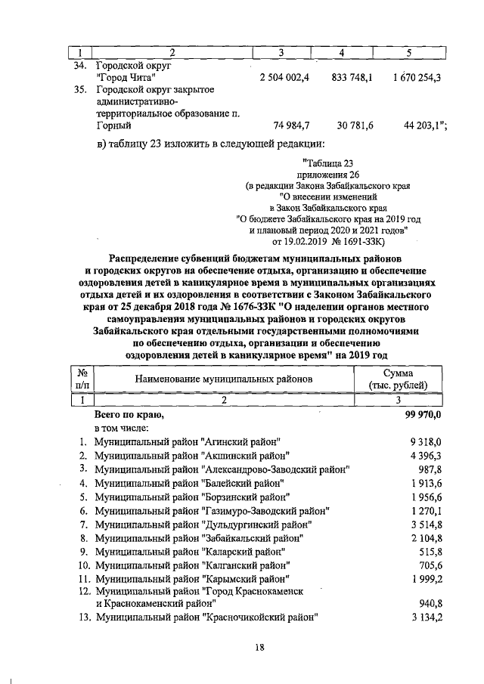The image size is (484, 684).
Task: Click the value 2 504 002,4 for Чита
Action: (284, 78)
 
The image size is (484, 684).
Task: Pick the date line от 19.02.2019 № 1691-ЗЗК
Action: (328, 242)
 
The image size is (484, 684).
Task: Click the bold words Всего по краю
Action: (128, 415)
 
